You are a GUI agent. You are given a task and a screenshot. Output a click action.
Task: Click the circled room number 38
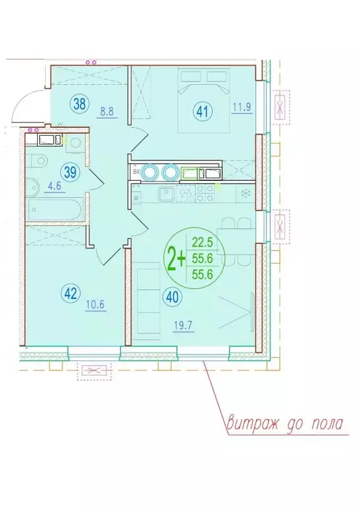[x=79, y=104]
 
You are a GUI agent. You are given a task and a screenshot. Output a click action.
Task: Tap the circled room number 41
[x=203, y=112]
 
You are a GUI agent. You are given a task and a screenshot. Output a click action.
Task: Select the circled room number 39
[x=70, y=172]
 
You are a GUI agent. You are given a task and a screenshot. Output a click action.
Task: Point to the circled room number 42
[x=70, y=294]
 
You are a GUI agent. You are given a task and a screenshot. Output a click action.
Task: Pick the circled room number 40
[x=174, y=298]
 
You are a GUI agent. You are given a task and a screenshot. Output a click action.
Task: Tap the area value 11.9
[x=242, y=107]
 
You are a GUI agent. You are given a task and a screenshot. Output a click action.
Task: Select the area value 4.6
[x=54, y=187]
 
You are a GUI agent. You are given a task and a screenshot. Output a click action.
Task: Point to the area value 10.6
[x=95, y=305]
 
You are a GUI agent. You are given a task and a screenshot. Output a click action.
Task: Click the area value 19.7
[x=184, y=325]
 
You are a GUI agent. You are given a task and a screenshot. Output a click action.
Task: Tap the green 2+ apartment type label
[x=176, y=258]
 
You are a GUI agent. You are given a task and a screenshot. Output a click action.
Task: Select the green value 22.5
[x=202, y=242]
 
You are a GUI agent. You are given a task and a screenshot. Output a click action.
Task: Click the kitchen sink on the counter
[x=166, y=194]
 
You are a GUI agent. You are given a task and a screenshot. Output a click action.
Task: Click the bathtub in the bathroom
[x=56, y=209]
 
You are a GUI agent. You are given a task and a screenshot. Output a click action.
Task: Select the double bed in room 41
[x=204, y=99]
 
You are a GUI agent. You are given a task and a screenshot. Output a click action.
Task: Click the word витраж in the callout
[x=252, y=423]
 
